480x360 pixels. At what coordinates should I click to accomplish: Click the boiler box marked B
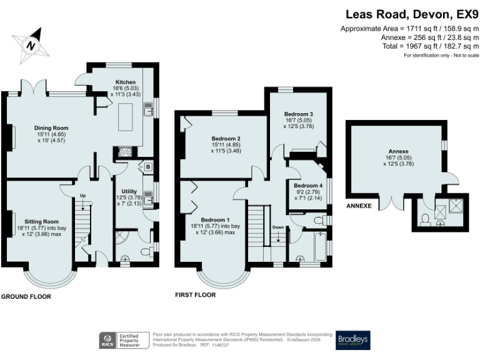pos(147,167)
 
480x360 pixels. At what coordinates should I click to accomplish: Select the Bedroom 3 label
pos(298,114)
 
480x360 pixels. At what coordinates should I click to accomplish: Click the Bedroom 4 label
pos(308,186)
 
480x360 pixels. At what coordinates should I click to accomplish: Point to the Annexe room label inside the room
pos(398,151)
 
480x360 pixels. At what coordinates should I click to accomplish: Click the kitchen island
pos(132,118)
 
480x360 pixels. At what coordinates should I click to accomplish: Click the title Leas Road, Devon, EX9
pos(412,14)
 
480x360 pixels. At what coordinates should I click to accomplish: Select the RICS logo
pos(107,340)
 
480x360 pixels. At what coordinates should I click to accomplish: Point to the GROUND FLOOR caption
pos(26,297)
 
